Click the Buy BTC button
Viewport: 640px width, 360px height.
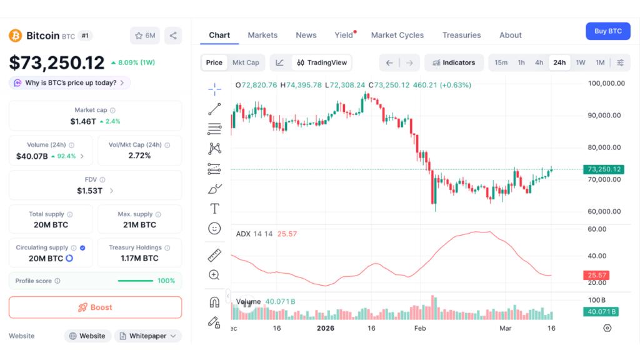[607, 31]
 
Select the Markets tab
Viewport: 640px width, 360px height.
[262, 35]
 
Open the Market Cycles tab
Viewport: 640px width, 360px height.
[397, 35]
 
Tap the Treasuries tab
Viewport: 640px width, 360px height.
[461, 35]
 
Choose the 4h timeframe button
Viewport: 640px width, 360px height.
[539, 62]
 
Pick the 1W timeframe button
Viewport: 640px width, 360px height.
[581, 62]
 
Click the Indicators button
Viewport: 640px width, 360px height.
[453, 62]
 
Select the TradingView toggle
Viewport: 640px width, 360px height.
[321, 62]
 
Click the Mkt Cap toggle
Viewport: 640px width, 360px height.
[246, 62]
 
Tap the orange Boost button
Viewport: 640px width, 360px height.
[95, 307]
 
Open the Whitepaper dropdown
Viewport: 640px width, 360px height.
[148, 336]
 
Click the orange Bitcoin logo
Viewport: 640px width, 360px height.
[15, 36]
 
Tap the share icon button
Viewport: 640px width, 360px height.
[173, 36]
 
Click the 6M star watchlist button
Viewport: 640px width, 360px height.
[145, 36]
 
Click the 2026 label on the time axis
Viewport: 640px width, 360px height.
[326, 328]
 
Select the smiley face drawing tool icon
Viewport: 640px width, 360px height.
[214, 229]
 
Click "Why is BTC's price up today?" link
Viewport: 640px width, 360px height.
[69, 82]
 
